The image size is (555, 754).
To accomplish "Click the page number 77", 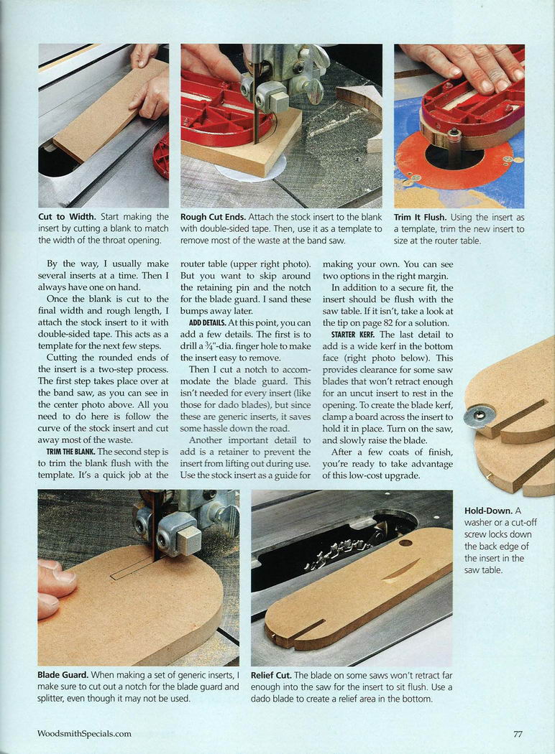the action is click(x=518, y=734).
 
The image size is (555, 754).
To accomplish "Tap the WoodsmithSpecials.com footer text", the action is click(x=84, y=734).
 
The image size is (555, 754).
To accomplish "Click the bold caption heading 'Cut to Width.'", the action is click(x=67, y=217).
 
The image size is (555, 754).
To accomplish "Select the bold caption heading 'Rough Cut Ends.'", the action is click(x=214, y=218).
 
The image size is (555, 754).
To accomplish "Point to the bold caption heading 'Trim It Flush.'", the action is click(x=421, y=218).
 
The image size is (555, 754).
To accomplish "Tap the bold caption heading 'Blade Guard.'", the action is click(x=63, y=675).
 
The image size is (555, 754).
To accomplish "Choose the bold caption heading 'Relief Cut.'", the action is click(x=271, y=675).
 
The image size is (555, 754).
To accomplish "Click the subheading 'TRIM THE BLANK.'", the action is click(x=70, y=452).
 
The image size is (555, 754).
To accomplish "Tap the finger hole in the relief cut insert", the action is click(x=405, y=543).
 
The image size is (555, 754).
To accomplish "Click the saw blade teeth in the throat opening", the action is click(x=341, y=551).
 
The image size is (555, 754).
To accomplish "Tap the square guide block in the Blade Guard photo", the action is click(x=189, y=539).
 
